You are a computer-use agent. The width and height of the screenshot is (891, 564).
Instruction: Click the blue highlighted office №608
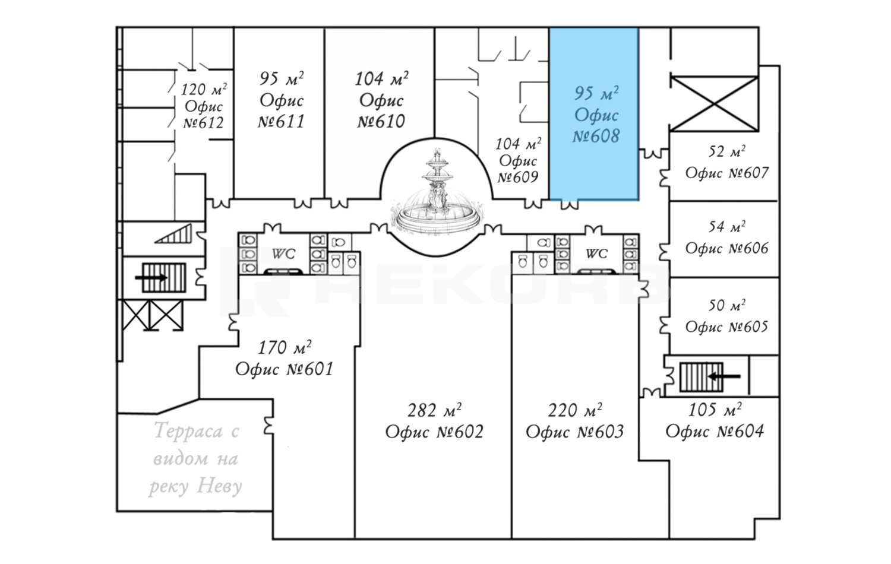coord(594,113)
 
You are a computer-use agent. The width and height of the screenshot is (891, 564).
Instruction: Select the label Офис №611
coord(281,111)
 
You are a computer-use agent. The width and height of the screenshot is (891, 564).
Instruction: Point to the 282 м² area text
coord(434,410)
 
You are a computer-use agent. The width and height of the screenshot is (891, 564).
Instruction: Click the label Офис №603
coord(575,432)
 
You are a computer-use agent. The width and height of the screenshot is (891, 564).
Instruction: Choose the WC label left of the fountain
coord(283,254)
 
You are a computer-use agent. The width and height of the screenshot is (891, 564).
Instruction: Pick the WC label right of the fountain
coord(596,254)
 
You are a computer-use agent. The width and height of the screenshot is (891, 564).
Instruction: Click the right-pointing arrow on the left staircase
coord(151,277)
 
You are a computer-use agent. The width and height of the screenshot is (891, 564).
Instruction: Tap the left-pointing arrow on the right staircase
coord(724,376)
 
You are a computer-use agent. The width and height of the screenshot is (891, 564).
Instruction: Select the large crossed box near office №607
coord(715,104)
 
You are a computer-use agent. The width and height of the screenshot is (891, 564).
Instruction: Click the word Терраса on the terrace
coord(188,430)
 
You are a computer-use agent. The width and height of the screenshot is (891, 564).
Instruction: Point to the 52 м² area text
coord(726,151)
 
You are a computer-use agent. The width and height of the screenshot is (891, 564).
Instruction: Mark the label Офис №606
coord(726,248)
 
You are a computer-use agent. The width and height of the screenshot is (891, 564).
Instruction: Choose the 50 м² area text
coord(726,306)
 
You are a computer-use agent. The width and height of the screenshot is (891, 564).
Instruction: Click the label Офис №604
coord(715,431)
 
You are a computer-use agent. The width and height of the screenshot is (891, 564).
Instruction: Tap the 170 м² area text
coord(285,348)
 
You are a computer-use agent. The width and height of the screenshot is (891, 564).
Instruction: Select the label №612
coord(203,123)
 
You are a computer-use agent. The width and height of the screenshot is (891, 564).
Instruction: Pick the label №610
coord(381,121)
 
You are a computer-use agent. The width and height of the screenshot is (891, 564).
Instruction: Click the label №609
coord(518,177)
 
